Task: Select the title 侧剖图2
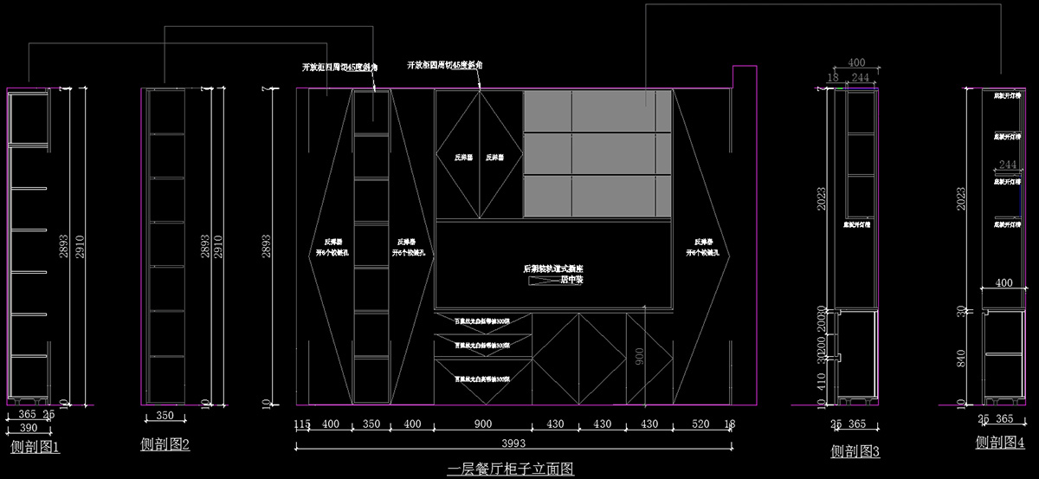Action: point(165,444)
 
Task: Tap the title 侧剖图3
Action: point(855,451)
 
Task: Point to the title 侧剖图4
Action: point(1000,442)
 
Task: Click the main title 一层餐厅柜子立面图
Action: point(511,469)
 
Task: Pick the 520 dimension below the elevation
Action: point(700,424)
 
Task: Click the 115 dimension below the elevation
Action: point(301,424)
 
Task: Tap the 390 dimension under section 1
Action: point(28,429)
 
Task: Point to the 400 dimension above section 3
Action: point(856,63)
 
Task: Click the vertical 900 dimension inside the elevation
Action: point(639,357)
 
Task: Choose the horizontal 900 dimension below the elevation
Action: point(482,424)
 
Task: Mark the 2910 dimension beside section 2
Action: point(218,246)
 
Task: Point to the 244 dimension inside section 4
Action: point(1007,165)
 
